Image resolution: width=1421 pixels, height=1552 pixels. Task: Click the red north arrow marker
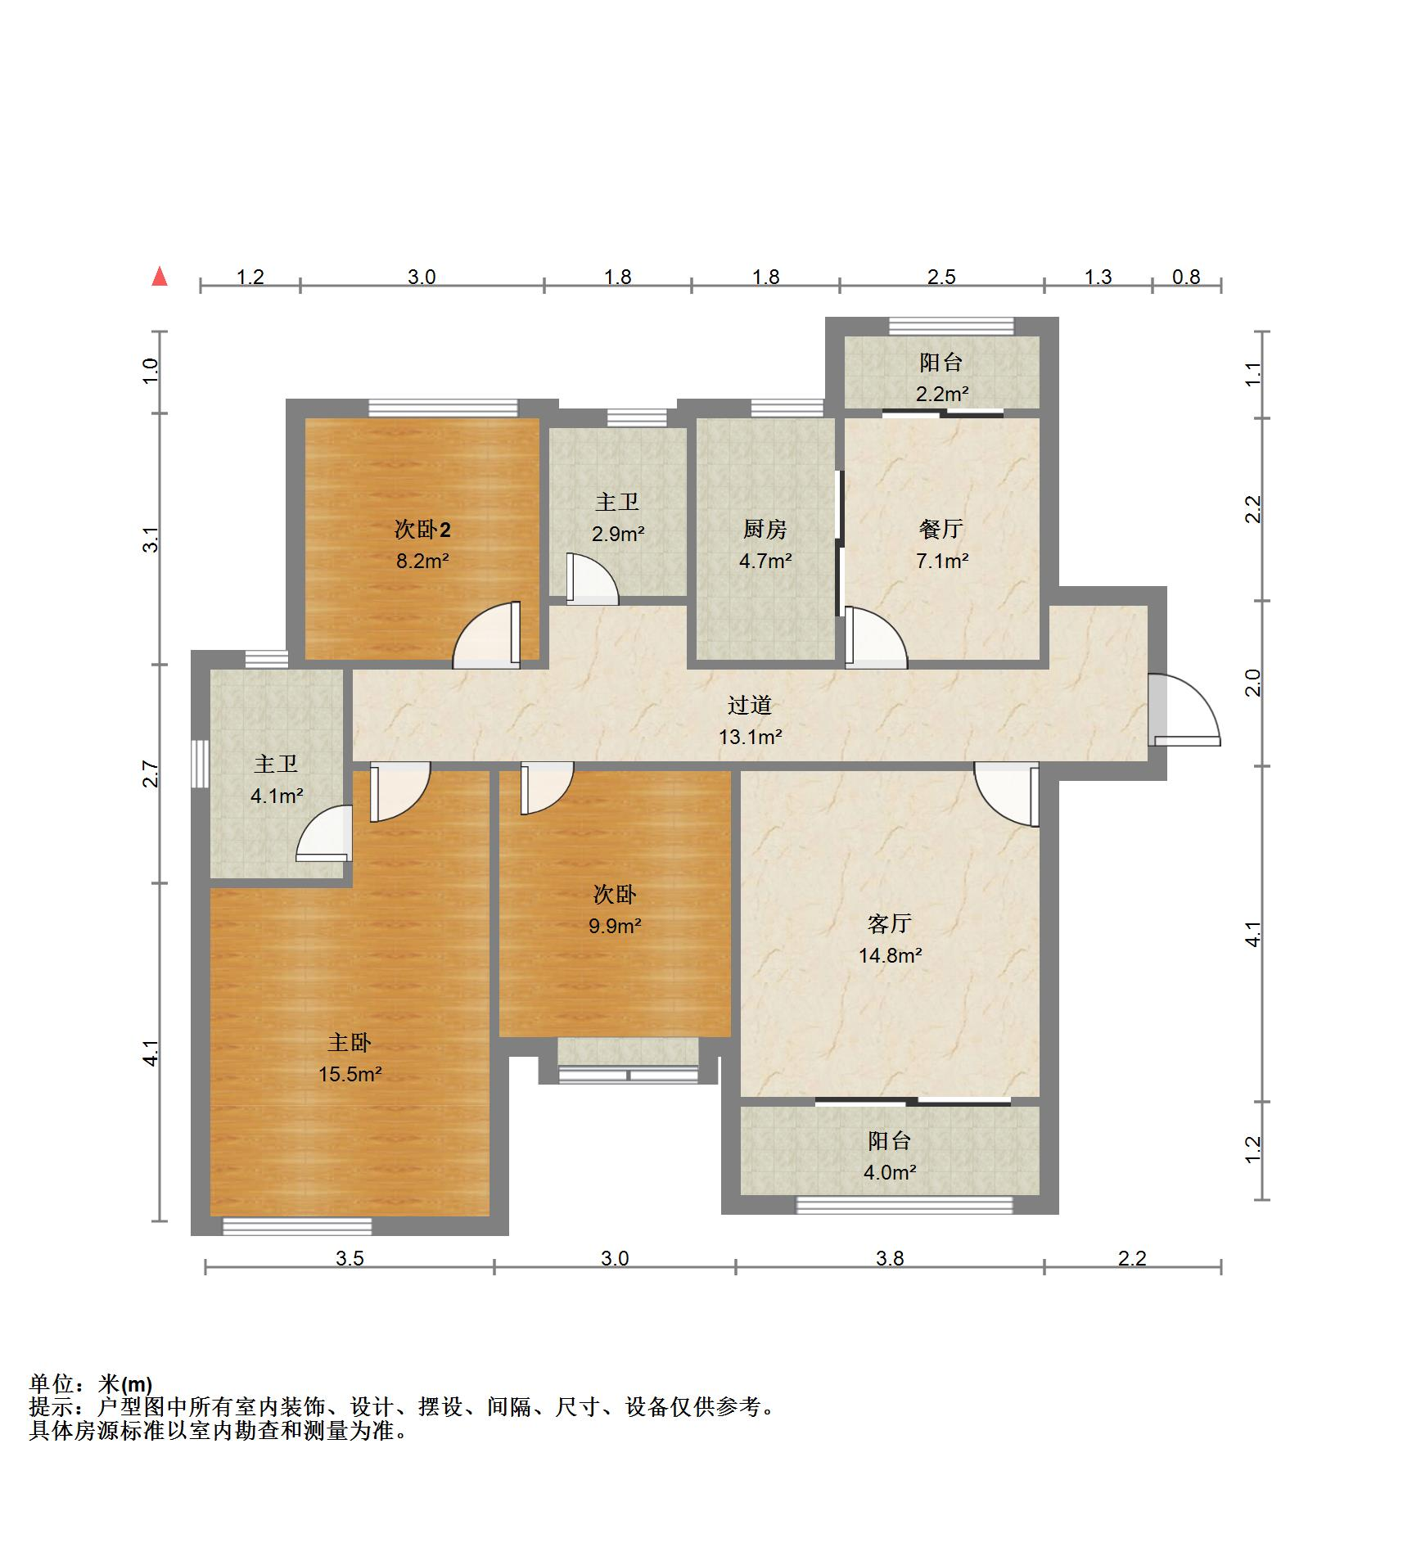160,277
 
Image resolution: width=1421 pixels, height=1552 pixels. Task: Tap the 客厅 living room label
890,924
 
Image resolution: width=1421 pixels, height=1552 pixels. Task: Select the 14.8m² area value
891,955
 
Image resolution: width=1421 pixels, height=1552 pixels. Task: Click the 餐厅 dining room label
941,530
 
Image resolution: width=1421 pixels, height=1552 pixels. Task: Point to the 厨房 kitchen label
765,530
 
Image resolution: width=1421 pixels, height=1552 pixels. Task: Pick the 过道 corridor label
750,706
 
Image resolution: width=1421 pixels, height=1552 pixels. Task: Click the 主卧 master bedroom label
350,1043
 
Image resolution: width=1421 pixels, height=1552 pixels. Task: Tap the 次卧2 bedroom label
422,530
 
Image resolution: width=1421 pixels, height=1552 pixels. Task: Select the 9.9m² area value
616,926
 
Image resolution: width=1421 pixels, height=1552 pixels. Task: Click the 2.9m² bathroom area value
619,534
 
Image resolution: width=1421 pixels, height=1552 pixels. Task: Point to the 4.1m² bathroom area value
277,795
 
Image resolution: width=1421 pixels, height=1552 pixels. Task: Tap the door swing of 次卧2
487,635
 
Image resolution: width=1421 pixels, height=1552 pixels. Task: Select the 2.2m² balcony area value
942,394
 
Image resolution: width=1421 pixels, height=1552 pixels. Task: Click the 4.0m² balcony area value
890,1173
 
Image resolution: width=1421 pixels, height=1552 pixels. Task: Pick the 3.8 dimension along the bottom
890,1258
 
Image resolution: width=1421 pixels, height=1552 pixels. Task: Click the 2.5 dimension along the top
941,277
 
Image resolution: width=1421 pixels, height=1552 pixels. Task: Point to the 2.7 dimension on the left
150,774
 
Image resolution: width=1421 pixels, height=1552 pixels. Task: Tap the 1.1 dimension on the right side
1253,374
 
